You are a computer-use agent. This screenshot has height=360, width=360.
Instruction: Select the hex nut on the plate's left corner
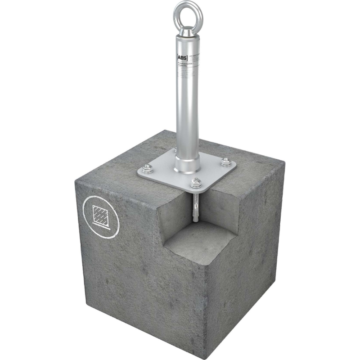tap(147, 169)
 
